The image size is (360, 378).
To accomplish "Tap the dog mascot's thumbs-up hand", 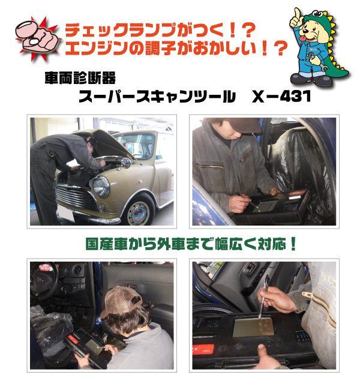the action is point(296,19).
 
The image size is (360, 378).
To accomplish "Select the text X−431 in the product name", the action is point(281,97).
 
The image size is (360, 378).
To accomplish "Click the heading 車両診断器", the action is point(80,78).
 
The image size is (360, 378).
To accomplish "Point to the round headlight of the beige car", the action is point(101,187).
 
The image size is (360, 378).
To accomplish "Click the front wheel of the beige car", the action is point(139,212).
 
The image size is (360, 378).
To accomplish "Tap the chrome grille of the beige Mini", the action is point(75,197).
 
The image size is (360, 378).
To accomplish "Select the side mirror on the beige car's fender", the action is point(126,163).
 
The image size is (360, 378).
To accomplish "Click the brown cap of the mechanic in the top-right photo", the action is point(241,125).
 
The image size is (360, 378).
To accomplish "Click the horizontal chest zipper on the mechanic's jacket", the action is point(211,166).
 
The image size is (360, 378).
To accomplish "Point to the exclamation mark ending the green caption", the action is point(293,244).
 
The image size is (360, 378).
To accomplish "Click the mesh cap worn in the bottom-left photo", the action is point(121,301).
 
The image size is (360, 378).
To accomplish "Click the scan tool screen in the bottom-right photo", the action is point(253,327).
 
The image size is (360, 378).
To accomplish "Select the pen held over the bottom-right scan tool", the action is point(263,297).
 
